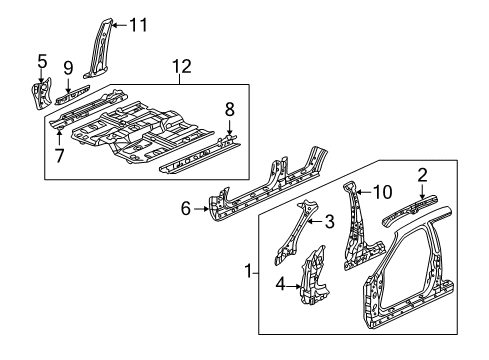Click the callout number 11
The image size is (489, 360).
click(x=138, y=23)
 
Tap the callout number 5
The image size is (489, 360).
click(x=41, y=62)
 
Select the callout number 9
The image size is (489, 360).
click(x=69, y=68)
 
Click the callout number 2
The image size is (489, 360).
click(x=422, y=176)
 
